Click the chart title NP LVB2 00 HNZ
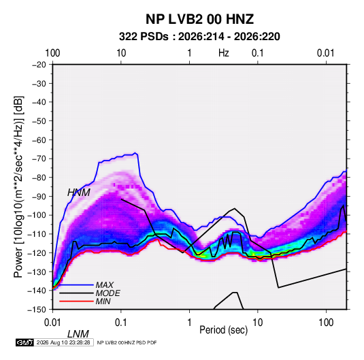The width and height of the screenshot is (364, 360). coord(199,19)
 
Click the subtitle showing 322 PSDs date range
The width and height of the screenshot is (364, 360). coord(199,37)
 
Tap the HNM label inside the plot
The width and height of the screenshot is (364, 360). coord(79,193)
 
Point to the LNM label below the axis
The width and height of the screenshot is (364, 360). coord(78,334)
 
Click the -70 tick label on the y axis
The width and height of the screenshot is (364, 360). coord(39,159)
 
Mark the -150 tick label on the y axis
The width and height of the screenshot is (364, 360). coord(37,310)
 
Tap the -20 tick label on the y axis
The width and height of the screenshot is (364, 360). coord(39,65)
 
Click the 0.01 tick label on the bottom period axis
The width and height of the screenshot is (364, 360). coord(52,323)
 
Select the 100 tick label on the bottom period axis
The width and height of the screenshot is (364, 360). coord(326,323)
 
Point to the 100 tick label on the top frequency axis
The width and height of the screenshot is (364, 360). coord(52,53)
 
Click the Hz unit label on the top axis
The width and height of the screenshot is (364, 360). coord(224,53)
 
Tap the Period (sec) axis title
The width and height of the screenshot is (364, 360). coord(224,330)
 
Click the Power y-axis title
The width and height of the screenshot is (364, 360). coord(18,186)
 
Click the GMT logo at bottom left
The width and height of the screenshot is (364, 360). coord(24,342)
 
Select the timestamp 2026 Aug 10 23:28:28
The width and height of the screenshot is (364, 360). coord(63,342)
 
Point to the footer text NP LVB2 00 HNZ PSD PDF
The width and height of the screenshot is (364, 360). coord(127,342)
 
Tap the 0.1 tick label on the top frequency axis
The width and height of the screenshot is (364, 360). coord(258,53)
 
